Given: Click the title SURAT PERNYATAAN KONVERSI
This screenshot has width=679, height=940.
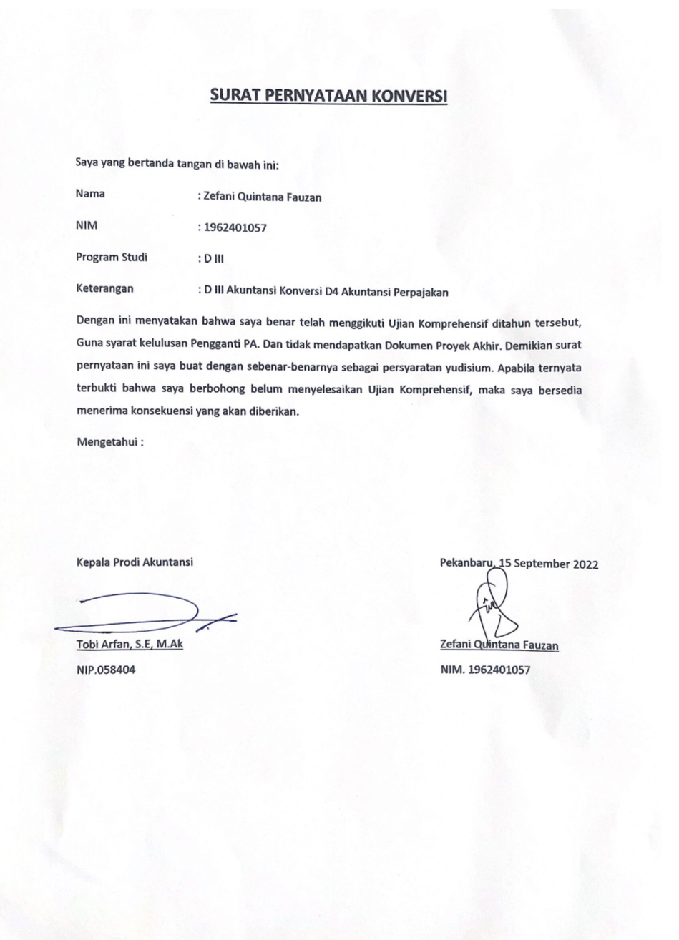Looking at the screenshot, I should point(328,96).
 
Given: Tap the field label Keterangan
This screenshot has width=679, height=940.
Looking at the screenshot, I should point(104,290).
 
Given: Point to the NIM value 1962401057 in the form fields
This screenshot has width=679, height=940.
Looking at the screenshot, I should point(235,229).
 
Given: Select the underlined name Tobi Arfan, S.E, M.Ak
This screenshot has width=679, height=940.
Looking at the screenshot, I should point(130,645).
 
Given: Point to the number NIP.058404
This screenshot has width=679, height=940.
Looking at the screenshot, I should point(105,671).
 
